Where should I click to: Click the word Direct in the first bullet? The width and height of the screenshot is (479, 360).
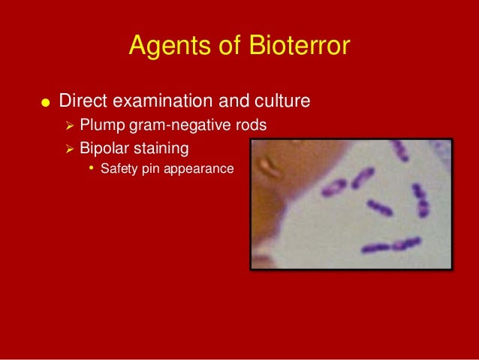tap(81, 100)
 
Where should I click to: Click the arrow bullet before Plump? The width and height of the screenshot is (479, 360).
tap(69, 124)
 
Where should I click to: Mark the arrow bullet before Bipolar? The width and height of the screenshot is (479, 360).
tap(69, 146)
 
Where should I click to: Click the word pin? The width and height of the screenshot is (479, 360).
tap(149, 168)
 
